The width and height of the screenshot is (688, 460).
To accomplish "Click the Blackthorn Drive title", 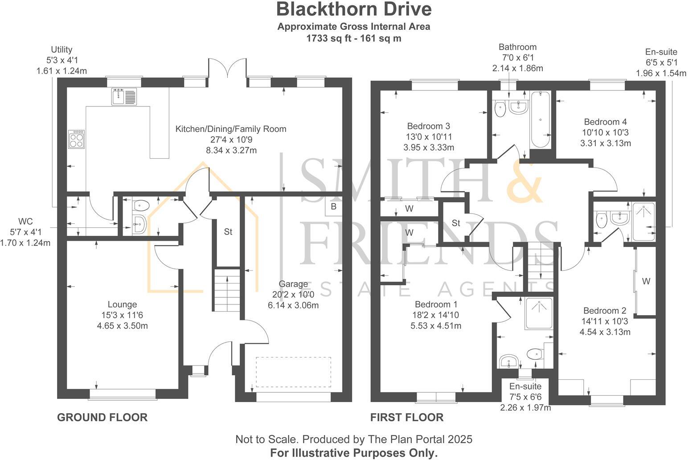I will (354, 9).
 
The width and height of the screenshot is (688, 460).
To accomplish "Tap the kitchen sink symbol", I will (124, 97).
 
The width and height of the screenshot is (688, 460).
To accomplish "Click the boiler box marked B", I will (333, 207).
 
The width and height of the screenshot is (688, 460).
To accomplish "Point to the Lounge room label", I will (122, 304).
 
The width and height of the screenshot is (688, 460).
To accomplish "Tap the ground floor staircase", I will (227, 290).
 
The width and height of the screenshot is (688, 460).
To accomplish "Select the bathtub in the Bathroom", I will (540, 119).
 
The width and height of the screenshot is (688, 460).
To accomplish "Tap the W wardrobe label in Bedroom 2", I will (646, 281).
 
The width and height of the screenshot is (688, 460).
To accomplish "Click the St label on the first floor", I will (455, 223).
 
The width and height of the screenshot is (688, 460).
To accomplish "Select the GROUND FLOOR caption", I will (102, 417).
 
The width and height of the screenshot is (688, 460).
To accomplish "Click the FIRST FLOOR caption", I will (407, 417).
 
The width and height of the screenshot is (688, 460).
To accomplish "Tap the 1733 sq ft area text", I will (353, 38).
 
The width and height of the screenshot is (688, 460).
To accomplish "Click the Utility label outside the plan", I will (61, 49).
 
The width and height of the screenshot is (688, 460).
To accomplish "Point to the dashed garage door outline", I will (293, 372).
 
